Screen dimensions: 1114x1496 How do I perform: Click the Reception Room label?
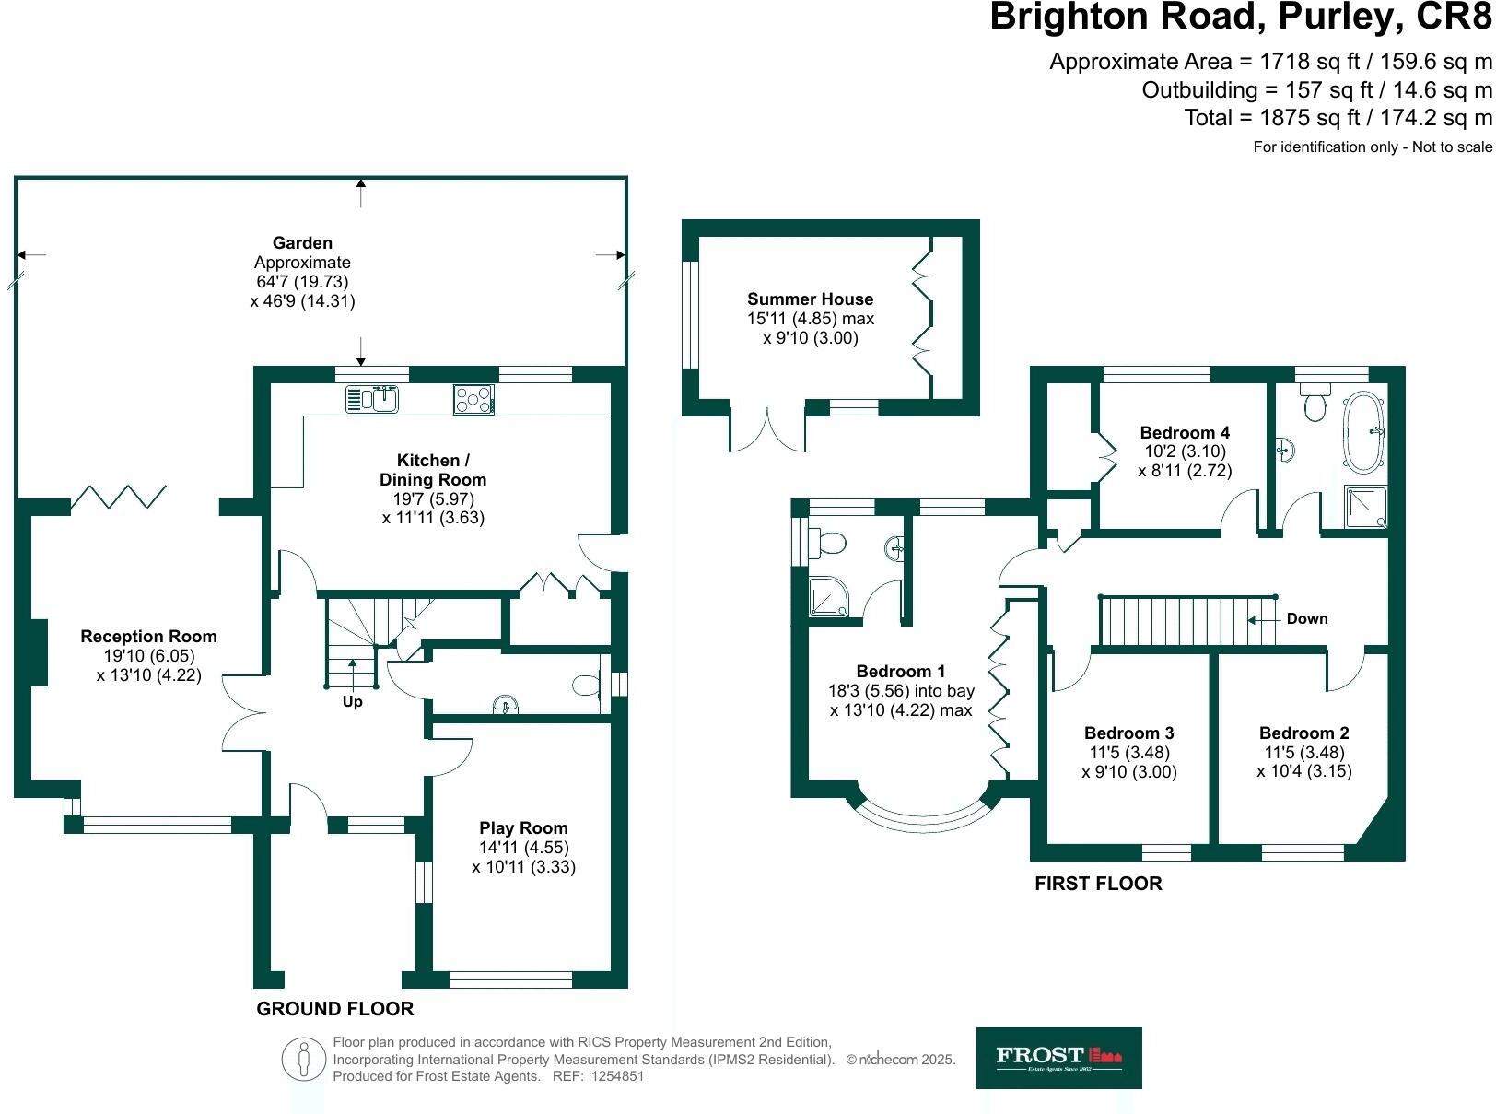(x=148, y=637)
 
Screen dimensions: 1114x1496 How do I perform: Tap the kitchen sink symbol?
(x=372, y=399)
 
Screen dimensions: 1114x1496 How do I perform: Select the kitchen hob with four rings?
(x=473, y=399)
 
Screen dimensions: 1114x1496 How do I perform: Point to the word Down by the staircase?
(x=1307, y=619)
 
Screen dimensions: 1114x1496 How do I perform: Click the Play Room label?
(x=523, y=828)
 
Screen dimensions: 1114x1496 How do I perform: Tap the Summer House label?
(x=810, y=299)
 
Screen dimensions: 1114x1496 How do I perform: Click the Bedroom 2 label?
(x=1303, y=733)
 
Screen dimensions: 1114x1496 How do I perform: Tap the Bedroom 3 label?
(x=1128, y=733)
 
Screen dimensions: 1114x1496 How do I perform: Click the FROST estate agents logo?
(x=1058, y=1057)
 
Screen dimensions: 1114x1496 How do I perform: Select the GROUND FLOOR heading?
(x=334, y=1009)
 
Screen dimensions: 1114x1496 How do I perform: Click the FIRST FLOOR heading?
(x=1098, y=884)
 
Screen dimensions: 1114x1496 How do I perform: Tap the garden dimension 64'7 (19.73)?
(x=302, y=282)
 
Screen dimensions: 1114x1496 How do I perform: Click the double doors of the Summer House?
(x=767, y=429)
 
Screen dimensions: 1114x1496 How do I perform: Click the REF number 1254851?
(x=616, y=1076)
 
